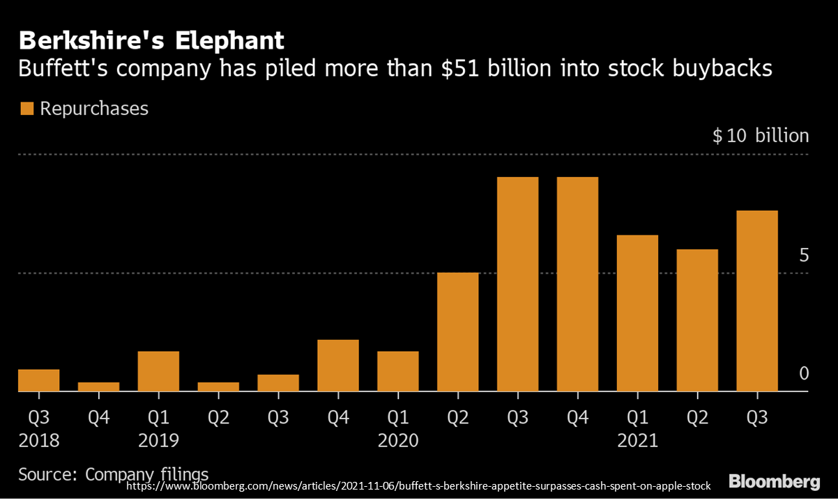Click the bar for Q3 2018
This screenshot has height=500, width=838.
(39, 380)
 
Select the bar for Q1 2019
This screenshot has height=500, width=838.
(158, 371)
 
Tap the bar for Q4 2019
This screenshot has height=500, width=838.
(338, 366)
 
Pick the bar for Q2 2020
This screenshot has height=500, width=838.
(458, 332)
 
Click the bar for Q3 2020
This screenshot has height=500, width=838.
(518, 284)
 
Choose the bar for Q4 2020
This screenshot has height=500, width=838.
(577, 284)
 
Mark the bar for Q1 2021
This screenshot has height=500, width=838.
(637, 313)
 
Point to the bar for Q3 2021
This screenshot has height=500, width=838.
(757, 301)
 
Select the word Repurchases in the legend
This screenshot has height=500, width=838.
(94, 109)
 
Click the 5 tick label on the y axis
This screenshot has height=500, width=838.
(804, 256)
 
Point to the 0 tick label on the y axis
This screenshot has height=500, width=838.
(804, 374)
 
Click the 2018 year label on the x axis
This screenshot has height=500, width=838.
(39, 441)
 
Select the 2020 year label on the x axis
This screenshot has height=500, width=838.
(398, 441)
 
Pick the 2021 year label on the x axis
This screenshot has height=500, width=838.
(637, 441)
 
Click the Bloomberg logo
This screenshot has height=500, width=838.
(775, 482)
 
